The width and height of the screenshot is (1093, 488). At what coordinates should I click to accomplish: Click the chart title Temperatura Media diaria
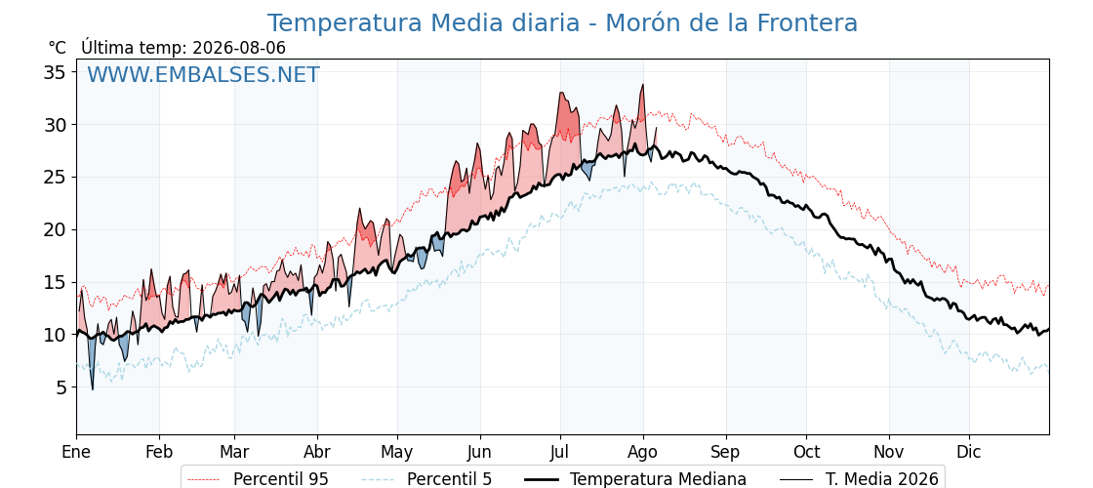coord(424,23)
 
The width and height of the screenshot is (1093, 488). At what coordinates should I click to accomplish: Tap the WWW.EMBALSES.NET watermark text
coord(204,74)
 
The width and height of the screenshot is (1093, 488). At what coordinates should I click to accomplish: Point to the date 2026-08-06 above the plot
coord(238,48)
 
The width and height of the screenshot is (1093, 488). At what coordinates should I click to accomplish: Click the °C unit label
coord(58,48)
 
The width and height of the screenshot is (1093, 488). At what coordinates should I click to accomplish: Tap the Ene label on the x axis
coord(76,452)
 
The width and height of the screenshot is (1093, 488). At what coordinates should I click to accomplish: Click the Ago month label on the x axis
coord(643,453)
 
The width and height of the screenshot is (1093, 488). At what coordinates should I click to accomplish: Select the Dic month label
coord(969,452)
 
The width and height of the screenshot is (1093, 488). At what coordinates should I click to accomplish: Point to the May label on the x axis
coord(397,453)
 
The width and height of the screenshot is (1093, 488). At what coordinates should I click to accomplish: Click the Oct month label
coord(806,452)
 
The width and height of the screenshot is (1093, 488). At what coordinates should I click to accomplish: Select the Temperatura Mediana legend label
coord(658,479)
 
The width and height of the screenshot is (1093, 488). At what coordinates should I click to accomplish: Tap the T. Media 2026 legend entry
coord(882,479)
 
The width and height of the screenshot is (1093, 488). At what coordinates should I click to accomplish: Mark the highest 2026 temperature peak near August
coord(643,85)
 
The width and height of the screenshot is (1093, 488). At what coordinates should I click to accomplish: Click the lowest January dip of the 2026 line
coord(92,389)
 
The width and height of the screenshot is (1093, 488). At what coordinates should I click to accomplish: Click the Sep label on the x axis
coord(726,453)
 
